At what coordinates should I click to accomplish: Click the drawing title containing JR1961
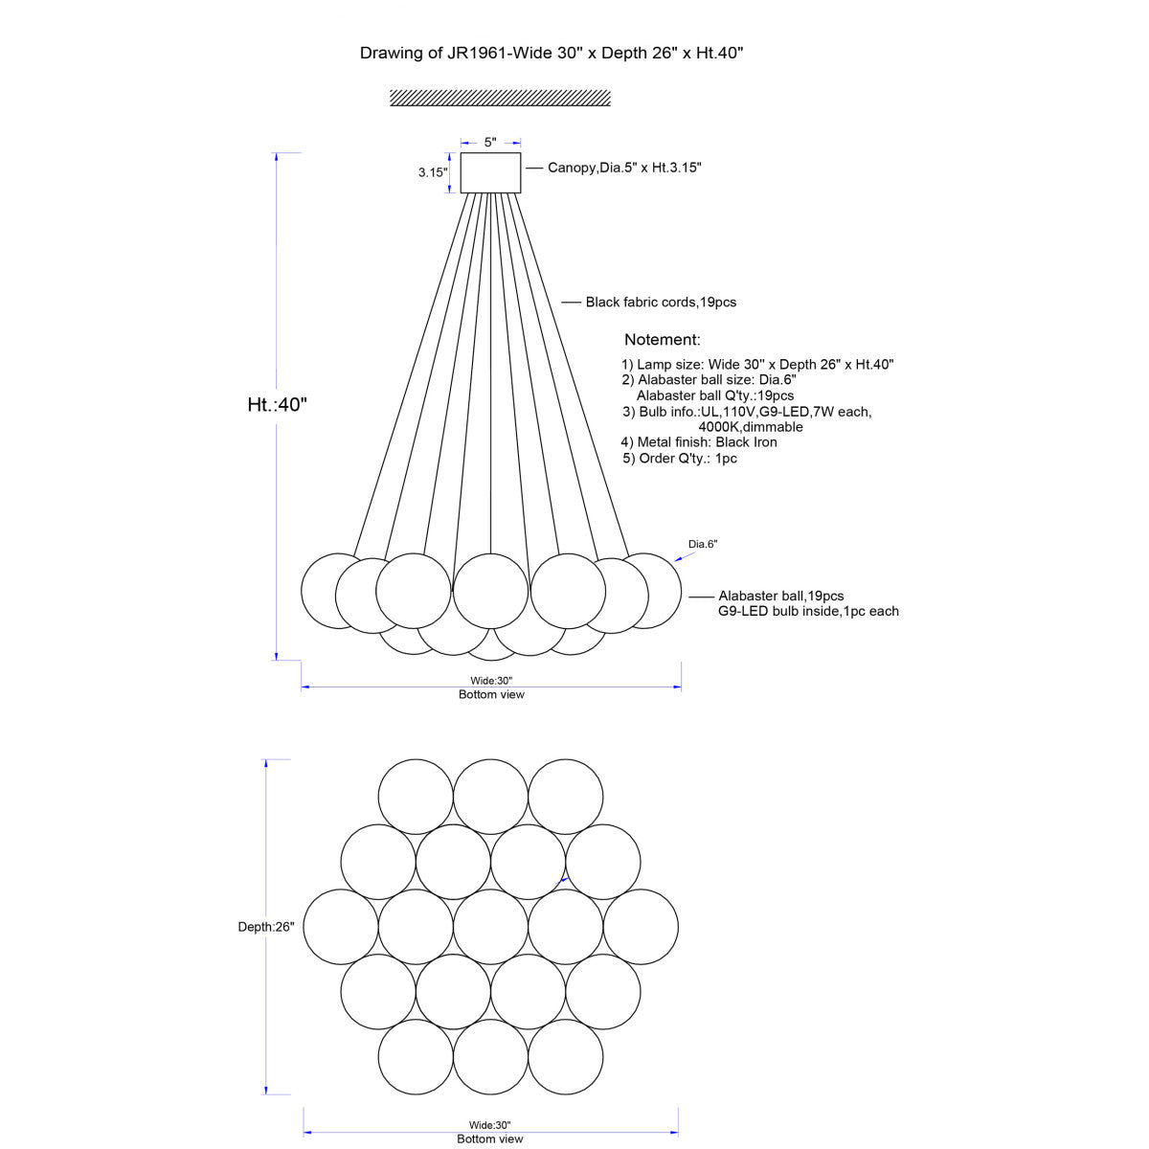551,53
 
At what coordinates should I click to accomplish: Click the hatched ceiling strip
500,98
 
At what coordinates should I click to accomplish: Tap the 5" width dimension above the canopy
490,142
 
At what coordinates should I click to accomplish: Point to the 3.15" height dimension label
432,172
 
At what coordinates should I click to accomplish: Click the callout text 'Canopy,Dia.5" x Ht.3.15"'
624,168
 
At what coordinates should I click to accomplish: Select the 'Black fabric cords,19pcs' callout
661,303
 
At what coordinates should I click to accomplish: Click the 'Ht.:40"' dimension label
278,404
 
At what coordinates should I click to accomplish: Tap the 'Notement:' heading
662,340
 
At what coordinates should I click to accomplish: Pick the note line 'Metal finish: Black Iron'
699,442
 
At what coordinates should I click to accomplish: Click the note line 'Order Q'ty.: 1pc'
680,459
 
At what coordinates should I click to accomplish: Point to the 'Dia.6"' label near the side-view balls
703,544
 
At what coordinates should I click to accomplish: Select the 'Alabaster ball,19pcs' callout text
780,596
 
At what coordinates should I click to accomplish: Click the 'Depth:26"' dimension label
266,927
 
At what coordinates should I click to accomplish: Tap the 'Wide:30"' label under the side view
491,681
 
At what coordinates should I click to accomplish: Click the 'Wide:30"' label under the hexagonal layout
490,1125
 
